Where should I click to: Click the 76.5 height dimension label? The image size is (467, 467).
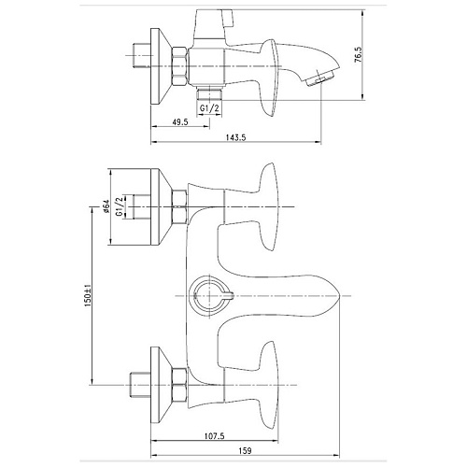[x=359, y=55]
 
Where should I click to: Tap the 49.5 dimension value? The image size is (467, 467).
[x=180, y=121]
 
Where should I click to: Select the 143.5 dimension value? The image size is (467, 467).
[x=235, y=137]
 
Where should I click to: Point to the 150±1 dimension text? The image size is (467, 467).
[x=88, y=296]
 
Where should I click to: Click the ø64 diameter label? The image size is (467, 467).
[x=106, y=206]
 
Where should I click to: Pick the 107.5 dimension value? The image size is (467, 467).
[x=214, y=436]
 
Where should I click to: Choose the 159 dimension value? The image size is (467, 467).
[x=246, y=451]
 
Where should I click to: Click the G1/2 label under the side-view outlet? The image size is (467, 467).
[x=209, y=108]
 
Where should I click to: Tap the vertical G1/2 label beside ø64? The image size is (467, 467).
[x=119, y=206]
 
